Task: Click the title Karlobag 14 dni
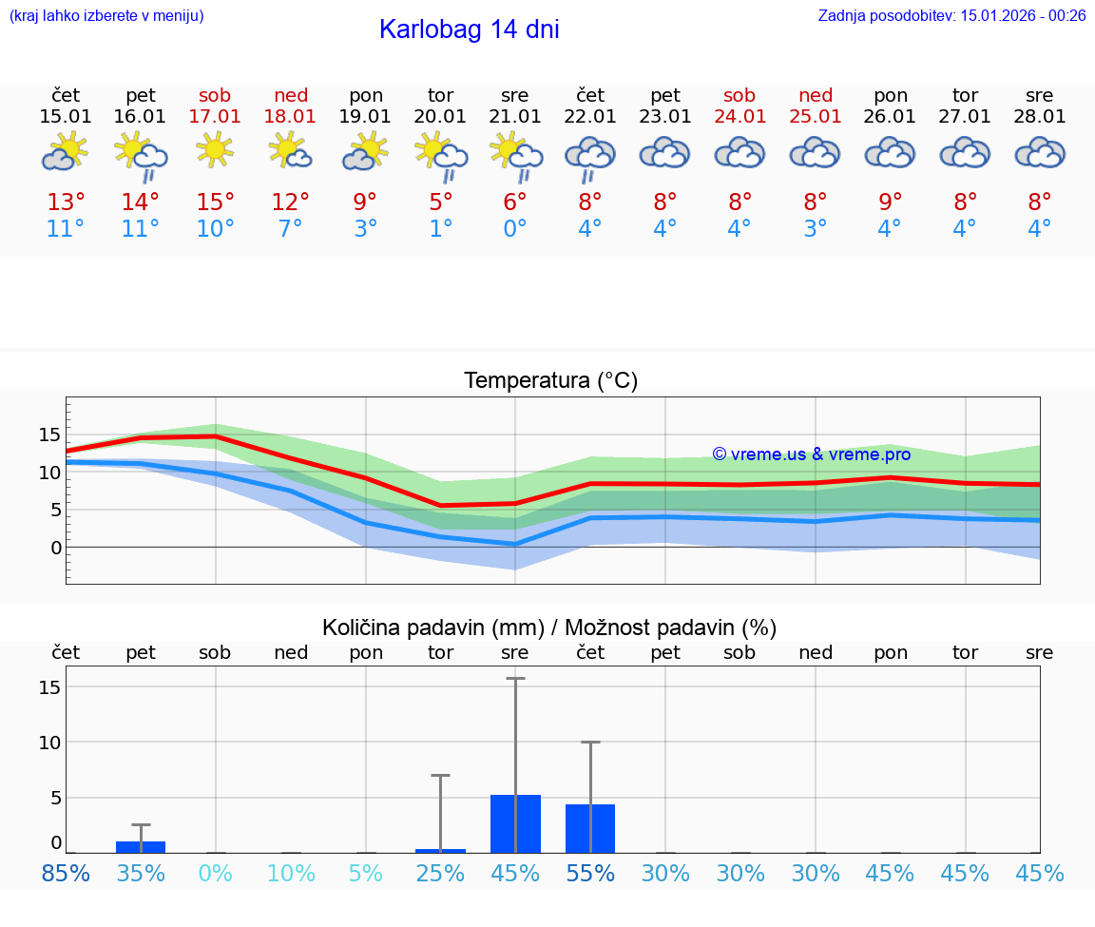tap(469, 29)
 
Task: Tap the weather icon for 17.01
tap(216, 150)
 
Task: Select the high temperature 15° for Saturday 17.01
tap(216, 203)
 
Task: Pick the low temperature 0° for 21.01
tap(515, 229)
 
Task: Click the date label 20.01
tap(440, 117)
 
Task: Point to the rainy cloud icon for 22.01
tap(590, 157)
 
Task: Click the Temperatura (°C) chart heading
tap(550, 381)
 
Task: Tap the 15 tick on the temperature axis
tap(50, 435)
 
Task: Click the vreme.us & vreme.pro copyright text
tap(811, 454)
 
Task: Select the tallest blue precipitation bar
tap(515, 823)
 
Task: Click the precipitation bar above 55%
tap(590, 828)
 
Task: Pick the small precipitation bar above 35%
tap(141, 846)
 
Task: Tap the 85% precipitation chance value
tap(66, 873)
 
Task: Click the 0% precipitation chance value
tap(216, 873)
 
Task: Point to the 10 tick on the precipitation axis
tap(50, 742)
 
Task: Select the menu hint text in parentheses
tap(106, 15)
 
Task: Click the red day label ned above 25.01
tap(816, 95)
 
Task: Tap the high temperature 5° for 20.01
tap(440, 203)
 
